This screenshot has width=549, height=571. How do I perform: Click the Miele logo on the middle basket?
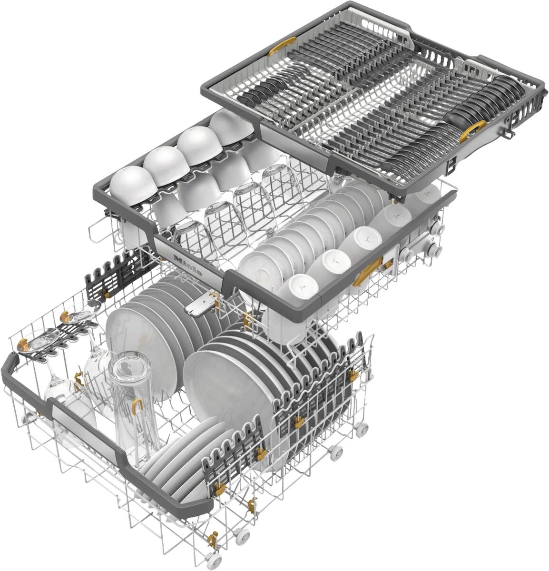(x=188, y=265)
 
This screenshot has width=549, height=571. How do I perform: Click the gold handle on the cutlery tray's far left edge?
(x=282, y=46)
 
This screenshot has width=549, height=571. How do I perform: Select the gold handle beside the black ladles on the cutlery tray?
(x=472, y=131)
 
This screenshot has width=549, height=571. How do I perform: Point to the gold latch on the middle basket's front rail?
(x=367, y=271)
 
